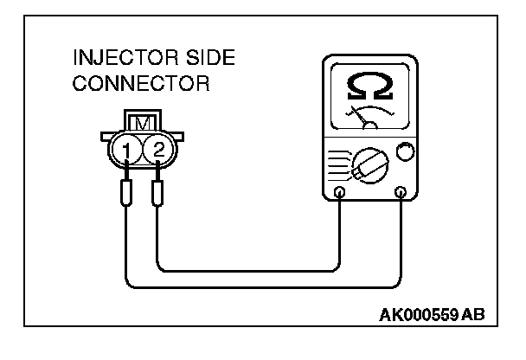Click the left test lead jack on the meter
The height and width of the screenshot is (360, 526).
click(339, 191)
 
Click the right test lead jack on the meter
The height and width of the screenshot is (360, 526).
click(400, 191)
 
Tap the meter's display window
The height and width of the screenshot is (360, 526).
click(369, 97)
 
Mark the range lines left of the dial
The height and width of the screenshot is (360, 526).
click(340, 162)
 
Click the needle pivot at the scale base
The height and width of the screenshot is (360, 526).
click(369, 125)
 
